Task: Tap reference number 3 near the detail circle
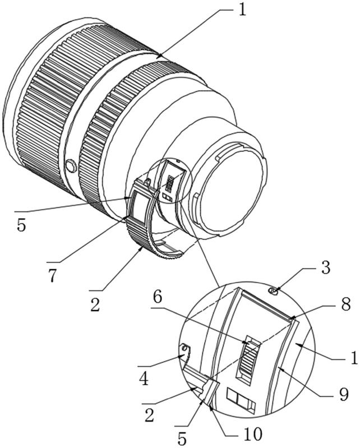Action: pyautogui.click(x=325, y=267)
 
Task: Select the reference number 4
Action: pyautogui.click(x=144, y=379)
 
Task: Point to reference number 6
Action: pyautogui.click(x=158, y=297)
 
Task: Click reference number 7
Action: pyautogui.click(x=52, y=276)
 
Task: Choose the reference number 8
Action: pyautogui.click(x=346, y=304)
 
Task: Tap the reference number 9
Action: pyautogui.click(x=343, y=394)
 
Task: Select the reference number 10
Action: pyautogui.click(x=253, y=434)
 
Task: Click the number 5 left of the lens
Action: pyautogui.click(x=21, y=225)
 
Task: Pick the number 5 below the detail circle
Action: pyautogui.click(x=182, y=437)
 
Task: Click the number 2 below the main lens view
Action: pyautogui.click(x=95, y=305)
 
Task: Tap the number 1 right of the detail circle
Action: pyautogui.click(x=354, y=357)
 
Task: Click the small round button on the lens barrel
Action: pyautogui.click(x=71, y=167)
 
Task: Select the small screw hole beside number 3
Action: pyautogui.click(x=273, y=291)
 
